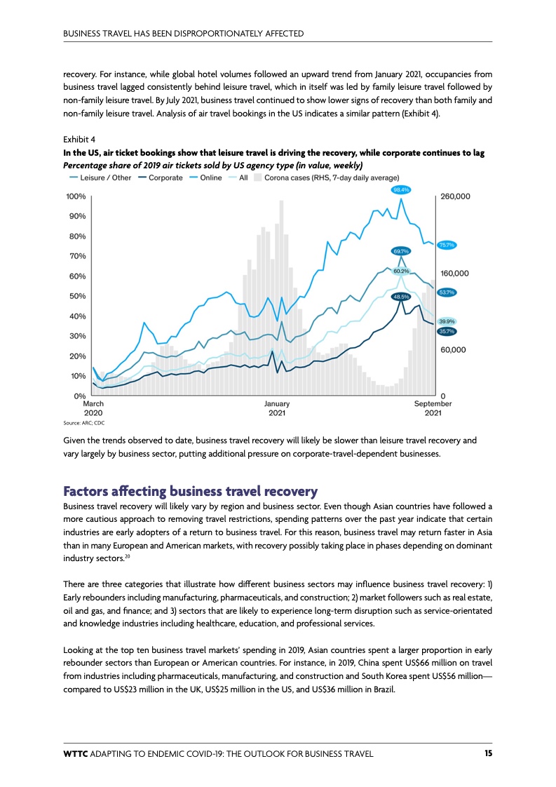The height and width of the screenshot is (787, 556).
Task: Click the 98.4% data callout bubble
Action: [401, 189]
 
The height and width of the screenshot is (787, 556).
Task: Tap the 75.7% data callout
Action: [447, 245]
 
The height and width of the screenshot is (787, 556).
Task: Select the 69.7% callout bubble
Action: [401, 251]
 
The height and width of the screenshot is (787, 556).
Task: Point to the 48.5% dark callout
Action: [400, 297]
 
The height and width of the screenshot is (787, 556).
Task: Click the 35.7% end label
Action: [447, 330]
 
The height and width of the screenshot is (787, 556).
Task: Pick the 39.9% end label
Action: [447, 321]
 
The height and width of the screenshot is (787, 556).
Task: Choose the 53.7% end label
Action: [447, 292]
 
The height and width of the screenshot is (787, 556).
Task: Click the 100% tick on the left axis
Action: [76, 196]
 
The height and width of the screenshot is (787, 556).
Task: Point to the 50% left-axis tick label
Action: [77, 296]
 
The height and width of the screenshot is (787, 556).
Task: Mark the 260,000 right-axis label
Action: [455, 196]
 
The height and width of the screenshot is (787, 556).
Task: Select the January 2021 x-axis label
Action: [277, 408]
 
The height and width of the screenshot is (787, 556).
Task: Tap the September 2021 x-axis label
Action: [433, 408]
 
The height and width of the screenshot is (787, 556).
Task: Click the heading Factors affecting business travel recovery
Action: [190, 490]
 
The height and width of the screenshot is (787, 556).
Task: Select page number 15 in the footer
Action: [487, 753]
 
